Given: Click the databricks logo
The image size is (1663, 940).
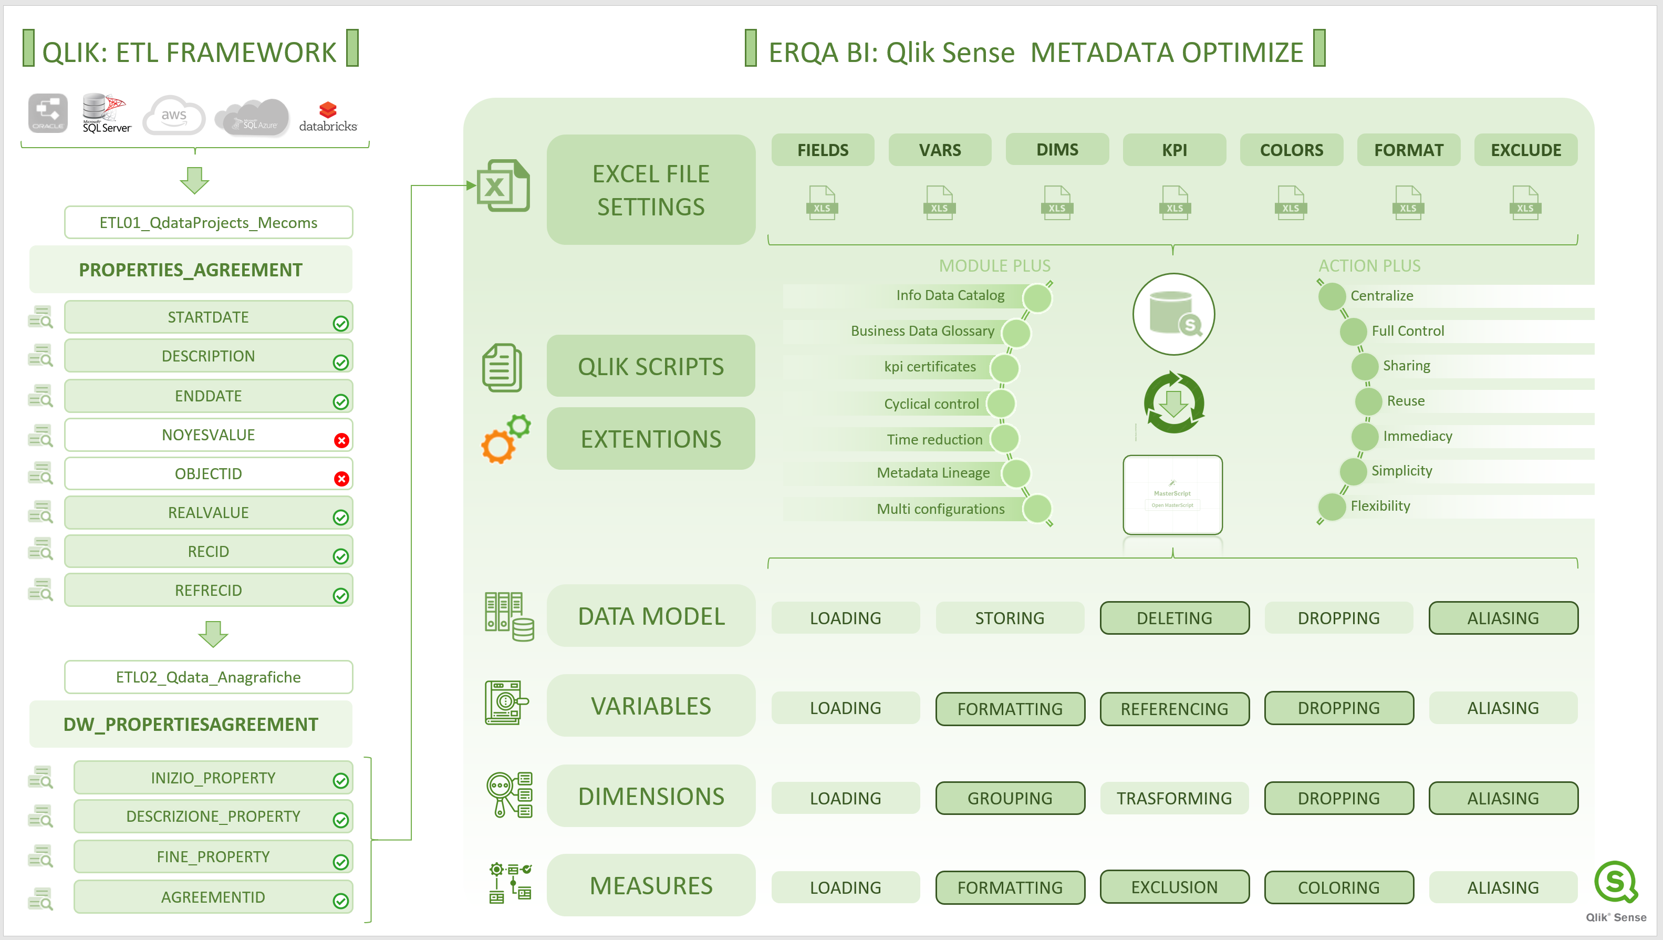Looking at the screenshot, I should (x=327, y=116).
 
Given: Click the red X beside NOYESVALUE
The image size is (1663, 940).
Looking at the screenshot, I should (x=341, y=440).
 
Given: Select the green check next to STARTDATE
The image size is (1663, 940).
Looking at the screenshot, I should (x=341, y=324).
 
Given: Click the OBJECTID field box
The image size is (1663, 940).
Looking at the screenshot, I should (x=208, y=474).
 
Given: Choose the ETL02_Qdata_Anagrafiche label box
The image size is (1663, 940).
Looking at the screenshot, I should (x=208, y=677).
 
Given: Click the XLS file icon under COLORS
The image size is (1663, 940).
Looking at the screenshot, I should (x=1291, y=203).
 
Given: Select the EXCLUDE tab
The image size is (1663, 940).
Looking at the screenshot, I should (x=1525, y=150).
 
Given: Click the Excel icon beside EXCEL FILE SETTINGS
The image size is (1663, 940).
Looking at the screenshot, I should (x=503, y=186).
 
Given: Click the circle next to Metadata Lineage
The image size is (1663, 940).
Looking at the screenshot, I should (x=1016, y=473).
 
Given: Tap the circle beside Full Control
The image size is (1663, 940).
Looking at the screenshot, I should (x=1353, y=331).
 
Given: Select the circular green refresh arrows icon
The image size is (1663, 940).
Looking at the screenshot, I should (x=1173, y=403).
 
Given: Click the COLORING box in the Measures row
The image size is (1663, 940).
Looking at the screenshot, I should (x=1338, y=887).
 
